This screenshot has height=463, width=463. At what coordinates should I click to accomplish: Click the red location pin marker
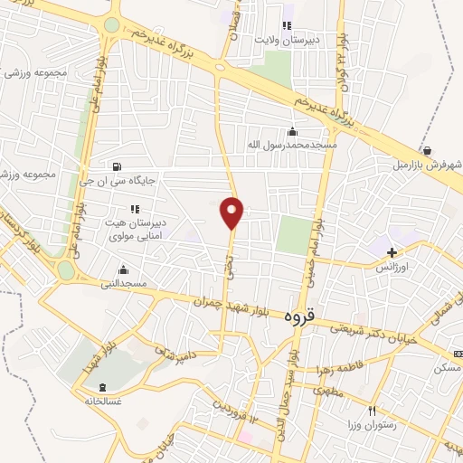point(232,213)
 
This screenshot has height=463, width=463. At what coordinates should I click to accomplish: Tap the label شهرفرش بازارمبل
point(427,165)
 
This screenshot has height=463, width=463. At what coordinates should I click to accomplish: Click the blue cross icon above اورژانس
point(392,251)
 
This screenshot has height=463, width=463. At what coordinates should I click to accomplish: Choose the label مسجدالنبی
point(123,284)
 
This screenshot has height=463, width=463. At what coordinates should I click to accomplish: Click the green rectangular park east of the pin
point(292,234)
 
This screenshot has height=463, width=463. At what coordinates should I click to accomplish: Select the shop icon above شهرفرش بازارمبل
point(427,150)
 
